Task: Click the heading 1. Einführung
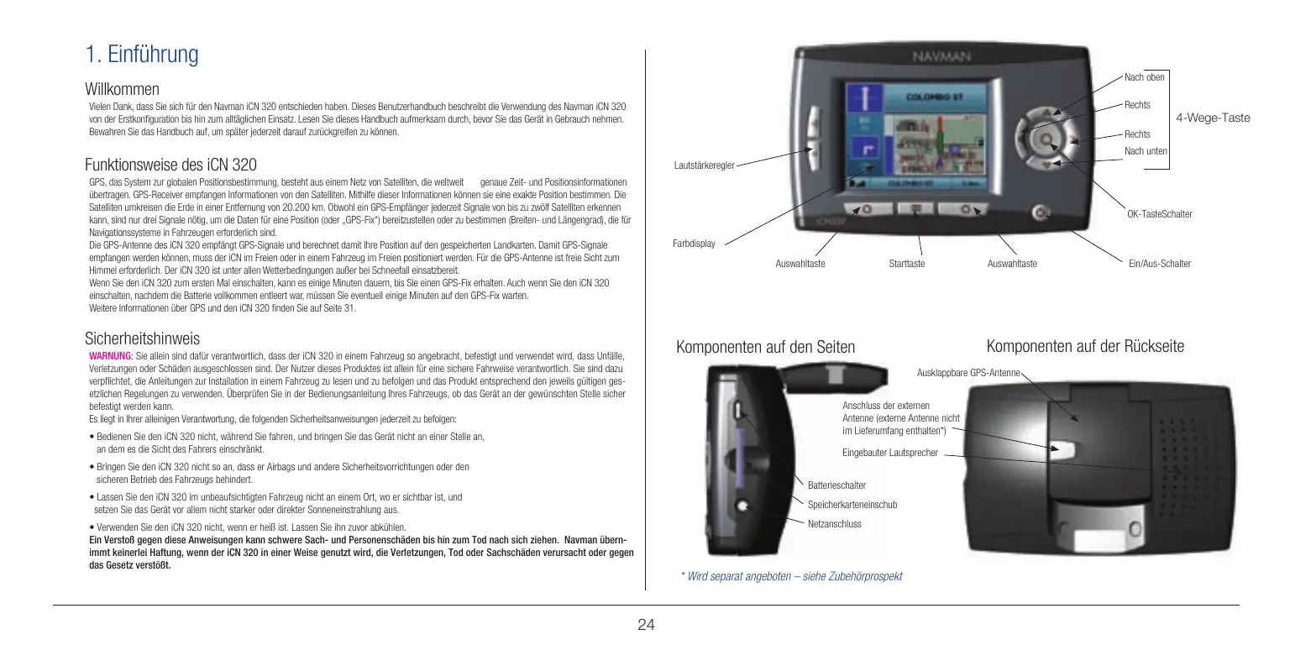[x=142, y=55]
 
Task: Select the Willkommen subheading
[x=122, y=89]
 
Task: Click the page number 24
[x=646, y=624]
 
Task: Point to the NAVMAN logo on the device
[x=941, y=57]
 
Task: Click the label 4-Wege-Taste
[x=1213, y=118]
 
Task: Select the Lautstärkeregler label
[x=704, y=166]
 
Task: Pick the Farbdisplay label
[x=694, y=244]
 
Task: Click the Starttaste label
[x=906, y=264]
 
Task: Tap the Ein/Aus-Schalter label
[x=1160, y=264]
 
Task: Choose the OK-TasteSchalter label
[x=1159, y=215]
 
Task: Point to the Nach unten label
[x=1146, y=150]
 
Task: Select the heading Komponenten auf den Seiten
[x=765, y=347]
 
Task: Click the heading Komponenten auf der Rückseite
[x=1085, y=346]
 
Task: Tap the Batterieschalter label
[x=836, y=485]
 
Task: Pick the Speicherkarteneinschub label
[x=852, y=505]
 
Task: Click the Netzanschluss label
[x=834, y=523]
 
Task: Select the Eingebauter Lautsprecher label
[x=889, y=453]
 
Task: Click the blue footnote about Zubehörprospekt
[x=791, y=576]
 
